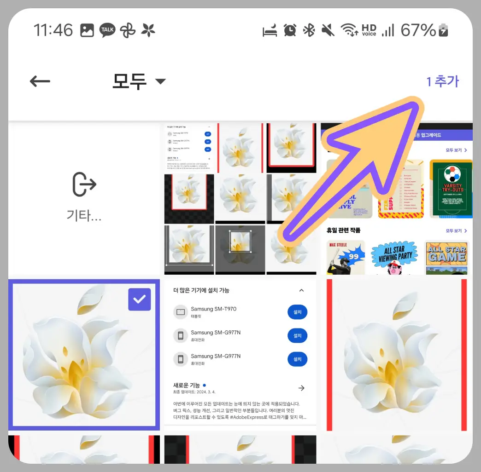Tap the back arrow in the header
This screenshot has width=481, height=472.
click(x=40, y=81)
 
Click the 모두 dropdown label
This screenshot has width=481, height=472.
click(x=129, y=81)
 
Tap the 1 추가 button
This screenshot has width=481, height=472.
click(x=442, y=81)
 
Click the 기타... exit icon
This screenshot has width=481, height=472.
click(x=84, y=184)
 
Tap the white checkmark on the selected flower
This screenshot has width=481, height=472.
click(x=139, y=299)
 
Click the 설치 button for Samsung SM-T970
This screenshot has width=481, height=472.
click(x=297, y=312)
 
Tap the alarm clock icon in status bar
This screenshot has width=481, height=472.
click(x=290, y=30)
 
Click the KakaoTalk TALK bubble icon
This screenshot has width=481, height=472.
click(x=107, y=30)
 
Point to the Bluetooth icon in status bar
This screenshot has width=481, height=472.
click(x=309, y=30)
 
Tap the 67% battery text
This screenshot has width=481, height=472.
click(x=418, y=30)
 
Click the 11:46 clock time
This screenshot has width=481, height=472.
click(x=53, y=30)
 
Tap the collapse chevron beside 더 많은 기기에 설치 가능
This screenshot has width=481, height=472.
click(x=301, y=290)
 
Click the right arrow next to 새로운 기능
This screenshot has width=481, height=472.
click(x=301, y=388)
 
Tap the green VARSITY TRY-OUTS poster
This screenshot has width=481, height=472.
click(x=451, y=189)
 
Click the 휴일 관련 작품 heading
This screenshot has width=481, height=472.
click(x=343, y=230)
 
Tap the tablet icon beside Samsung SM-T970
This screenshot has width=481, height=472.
click(x=180, y=312)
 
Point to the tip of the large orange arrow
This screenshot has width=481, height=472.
click(x=411, y=105)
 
